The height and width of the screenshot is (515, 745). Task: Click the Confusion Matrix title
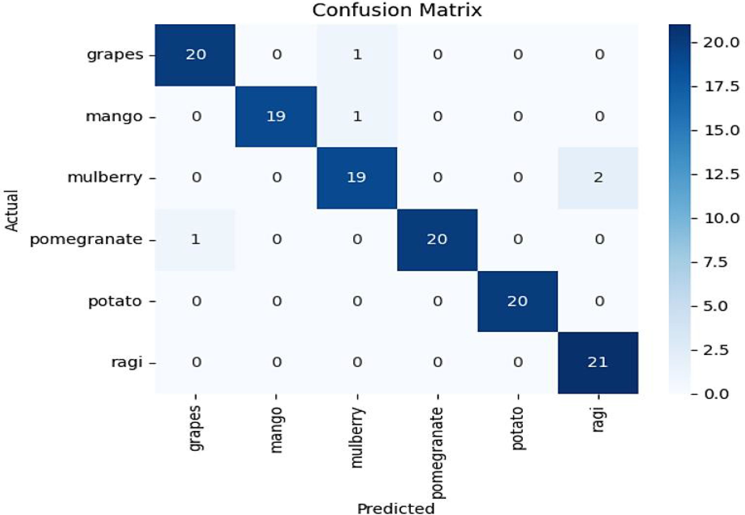tap(397, 10)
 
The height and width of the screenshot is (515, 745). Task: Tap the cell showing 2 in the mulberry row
tap(598, 178)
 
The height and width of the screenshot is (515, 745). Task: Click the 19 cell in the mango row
tap(276, 116)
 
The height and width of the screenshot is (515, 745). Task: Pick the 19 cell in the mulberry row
tap(357, 178)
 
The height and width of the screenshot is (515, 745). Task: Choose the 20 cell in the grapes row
tap(196, 54)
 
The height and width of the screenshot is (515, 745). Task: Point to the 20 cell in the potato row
tap(517, 301)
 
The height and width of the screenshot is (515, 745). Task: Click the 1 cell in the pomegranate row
tap(196, 239)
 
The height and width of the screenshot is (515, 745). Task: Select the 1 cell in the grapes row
tap(357, 54)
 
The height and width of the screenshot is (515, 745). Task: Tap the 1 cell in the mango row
tap(357, 116)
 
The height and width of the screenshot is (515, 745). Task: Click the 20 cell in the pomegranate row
tap(437, 239)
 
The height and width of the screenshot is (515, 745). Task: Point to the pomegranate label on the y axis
tap(86, 240)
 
